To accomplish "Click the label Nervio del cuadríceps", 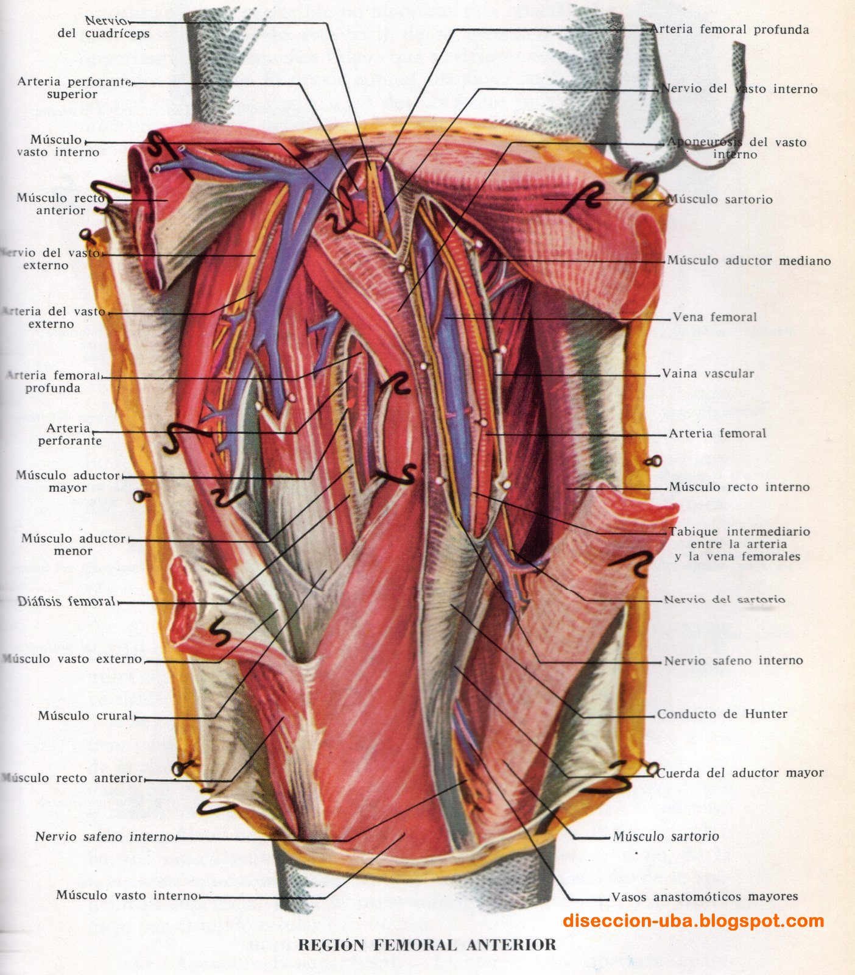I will click(103, 27).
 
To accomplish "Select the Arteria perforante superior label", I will click(73, 88).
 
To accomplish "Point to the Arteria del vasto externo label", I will click(53, 317).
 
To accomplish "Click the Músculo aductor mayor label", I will click(68, 481).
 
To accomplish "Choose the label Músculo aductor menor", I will click(73, 545).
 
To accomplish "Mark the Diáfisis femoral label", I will click(66, 601).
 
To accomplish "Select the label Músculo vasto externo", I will click(72, 659).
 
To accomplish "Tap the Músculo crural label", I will click(85, 715).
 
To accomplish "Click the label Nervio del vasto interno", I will click(739, 89).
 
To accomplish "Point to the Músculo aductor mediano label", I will click(748, 261).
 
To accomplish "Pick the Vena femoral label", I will click(714, 317).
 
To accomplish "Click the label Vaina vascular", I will click(708, 374).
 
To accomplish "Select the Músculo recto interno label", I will click(739, 487).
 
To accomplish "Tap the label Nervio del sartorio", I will click(724, 600).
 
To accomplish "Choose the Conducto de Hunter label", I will click(722, 714).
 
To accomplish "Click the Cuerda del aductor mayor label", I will click(739, 773).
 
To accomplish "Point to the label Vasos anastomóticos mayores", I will click(704, 896).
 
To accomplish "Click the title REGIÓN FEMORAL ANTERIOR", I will click(427, 945).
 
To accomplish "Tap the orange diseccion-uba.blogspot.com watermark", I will click(694, 921).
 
